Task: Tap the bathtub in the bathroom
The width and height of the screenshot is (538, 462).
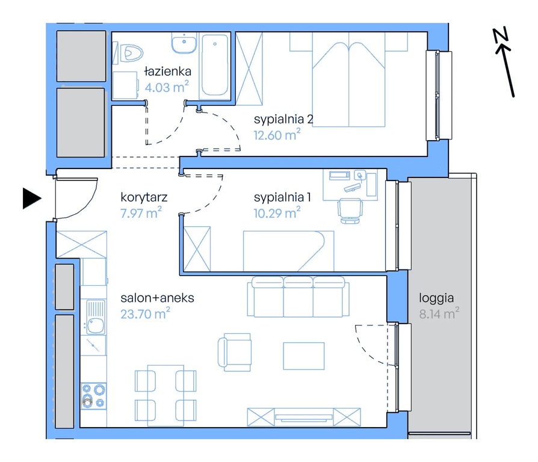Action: (x=215, y=65)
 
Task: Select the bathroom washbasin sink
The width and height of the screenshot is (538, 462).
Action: (x=184, y=43)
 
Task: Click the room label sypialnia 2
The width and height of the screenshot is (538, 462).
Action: (x=283, y=119)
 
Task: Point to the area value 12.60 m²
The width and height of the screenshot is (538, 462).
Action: (x=277, y=135)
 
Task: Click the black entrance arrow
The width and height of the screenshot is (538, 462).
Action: (x=32, y=199)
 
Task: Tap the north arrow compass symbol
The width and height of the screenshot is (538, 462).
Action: (x=504, y=62)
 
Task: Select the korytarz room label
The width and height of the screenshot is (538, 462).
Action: (x=144, y=197)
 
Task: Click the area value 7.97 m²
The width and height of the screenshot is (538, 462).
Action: (x=141, y=212)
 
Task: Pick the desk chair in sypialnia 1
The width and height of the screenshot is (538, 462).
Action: (x=350, y=211)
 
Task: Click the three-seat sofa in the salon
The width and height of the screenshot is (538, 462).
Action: (x=298, y=297)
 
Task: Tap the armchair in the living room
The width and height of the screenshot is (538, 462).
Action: (x=235, y=352)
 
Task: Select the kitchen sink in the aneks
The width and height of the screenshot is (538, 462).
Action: (x=95, y=317)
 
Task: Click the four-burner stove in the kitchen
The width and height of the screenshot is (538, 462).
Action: (x=93, y=396)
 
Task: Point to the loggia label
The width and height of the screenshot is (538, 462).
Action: (x=436, y=298)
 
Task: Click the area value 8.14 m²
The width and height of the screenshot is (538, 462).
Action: (x=439, y=313)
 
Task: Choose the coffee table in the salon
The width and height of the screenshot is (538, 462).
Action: (x=304, y=356)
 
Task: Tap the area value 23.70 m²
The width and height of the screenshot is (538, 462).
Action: (x=145, y=313)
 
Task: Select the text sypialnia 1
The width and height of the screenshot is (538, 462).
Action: (x=282, y=197)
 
